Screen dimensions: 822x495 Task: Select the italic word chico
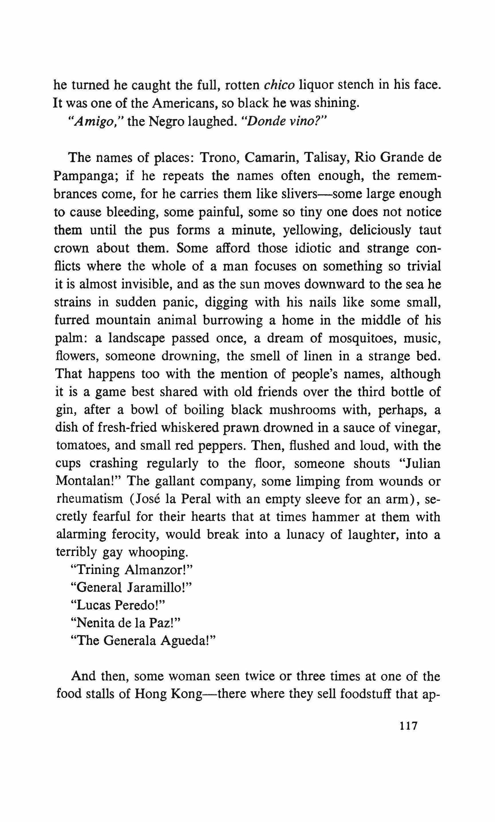279,85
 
